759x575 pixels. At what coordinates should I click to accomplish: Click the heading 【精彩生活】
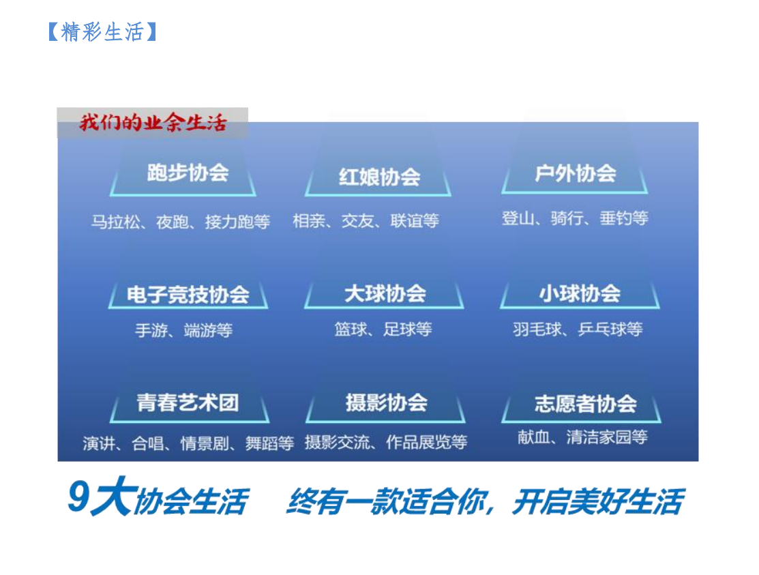tap(102, 32)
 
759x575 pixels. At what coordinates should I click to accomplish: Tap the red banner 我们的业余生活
tap(153, 123)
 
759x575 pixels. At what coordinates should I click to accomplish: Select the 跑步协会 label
tap(188, 173)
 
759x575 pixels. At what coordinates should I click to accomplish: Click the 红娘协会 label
tap(379, 177)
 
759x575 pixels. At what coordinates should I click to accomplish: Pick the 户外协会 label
tap(576, 174)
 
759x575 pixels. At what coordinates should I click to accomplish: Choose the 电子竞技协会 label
tap(188, 294)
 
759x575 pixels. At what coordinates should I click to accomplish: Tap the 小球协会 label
tap(580, 293)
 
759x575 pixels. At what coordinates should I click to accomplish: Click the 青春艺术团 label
tap(188, 402)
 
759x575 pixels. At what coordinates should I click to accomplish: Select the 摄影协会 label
tap(386, 402)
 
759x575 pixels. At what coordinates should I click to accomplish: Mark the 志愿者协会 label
tap(586, 404)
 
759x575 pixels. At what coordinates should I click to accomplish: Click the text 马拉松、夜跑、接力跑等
tap(181, 222)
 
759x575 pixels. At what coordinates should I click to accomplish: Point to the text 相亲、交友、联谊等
tap(366, 221)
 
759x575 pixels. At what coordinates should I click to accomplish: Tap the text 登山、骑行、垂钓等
tap(575, 218)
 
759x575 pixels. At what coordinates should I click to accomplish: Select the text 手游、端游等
tap(184, 331)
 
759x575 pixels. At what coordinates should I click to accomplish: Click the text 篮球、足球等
tap(383, 329)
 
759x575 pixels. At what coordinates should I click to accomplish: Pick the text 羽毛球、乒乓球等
tap(578, 329)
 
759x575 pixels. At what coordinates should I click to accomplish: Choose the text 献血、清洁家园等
tap(583, 437)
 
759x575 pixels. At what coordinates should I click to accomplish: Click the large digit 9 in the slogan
tap(79, 497)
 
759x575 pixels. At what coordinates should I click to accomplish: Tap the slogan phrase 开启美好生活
tap(598, 501)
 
